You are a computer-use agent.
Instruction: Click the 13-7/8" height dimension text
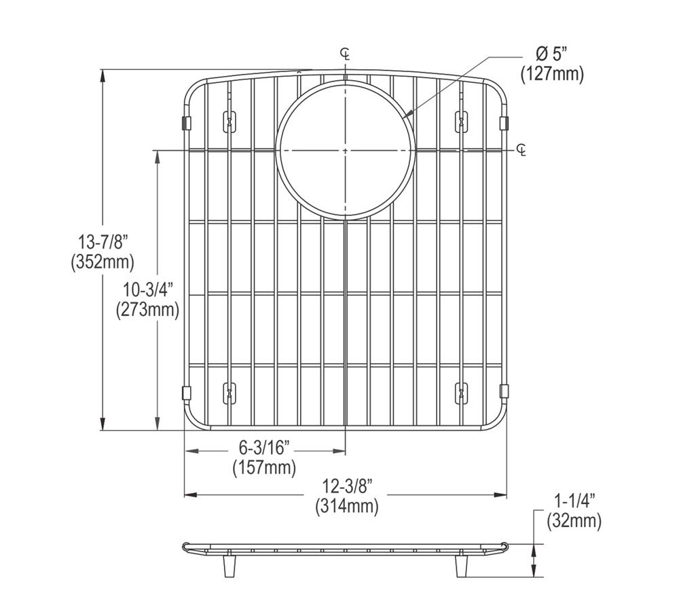pyautogui.click(x=103, y=241)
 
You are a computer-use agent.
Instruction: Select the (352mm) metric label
pyautogui.click(x=103, y=262)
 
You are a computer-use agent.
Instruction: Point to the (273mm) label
pyautogui.click(x=147, y=310)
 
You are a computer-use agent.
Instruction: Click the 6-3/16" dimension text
pyautogui.click(x=264, y=448)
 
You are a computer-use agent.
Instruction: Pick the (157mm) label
pyautogui.click(x=264, y=467)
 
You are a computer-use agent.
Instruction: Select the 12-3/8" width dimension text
pyautogui.click(x=346, y=486)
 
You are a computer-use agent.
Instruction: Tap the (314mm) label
pyautogui.click(x=346, y=506)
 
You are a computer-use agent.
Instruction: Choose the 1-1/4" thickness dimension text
pyautogui.click(x=574, y=501)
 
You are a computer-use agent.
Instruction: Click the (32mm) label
pyautogui.click(x=574, y=521)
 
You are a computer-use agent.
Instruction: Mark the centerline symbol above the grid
pyautogui.click(x=346, y=54)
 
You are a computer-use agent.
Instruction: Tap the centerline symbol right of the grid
pyautogui.click(x=521, y=149)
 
